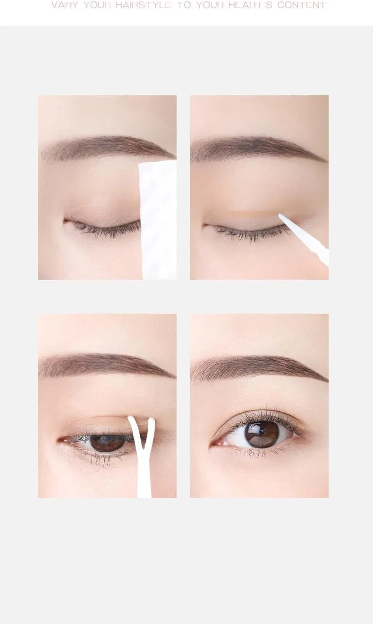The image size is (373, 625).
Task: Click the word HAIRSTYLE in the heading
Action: [x=144, y=5]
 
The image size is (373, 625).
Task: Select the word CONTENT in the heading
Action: [x=302, y=5]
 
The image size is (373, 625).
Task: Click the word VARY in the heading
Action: [x=65, y=5]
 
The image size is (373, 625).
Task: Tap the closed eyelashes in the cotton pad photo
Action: [x=105, y=229]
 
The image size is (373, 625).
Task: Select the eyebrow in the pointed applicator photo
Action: [x=258, y=148]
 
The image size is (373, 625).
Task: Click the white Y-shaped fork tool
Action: [x=142, y=457]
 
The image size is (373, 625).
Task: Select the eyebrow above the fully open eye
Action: [x=258, y=368]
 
